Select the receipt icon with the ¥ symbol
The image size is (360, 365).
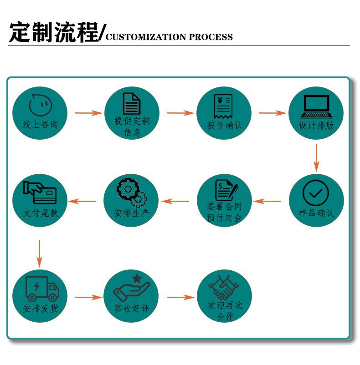coord(223,106)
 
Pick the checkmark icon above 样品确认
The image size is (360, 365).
coord(315,193)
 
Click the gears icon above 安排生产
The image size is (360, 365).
coord(132,192)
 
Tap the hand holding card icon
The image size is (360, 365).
coord(40,192)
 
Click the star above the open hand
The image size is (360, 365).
coord(137,278)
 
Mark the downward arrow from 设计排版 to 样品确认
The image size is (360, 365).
coord(316,158)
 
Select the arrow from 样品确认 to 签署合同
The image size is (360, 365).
coord(267,201)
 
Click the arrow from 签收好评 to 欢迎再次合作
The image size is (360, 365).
coord(180,297)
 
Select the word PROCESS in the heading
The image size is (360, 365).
coord(211,37)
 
